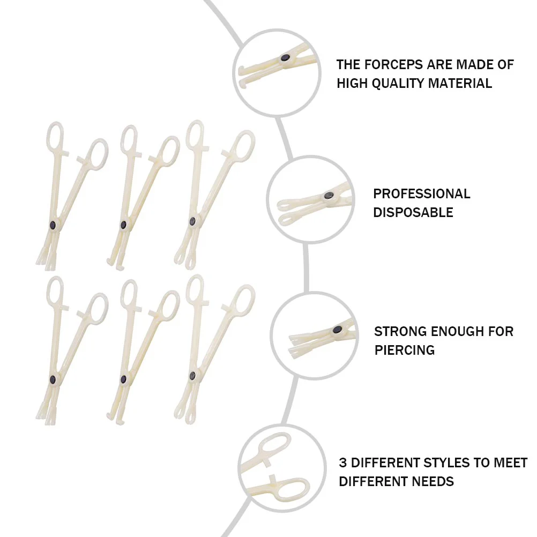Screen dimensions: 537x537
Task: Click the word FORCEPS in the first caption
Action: (394, 65)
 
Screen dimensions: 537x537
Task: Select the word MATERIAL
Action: (463, 84)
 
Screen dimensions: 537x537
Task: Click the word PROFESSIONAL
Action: (422, 193)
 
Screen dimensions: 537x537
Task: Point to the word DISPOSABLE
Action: (413, 212)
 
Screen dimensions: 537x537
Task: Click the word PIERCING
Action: (405, 350)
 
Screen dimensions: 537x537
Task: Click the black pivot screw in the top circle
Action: (285, 57)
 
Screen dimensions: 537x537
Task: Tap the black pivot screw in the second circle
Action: (329, 196)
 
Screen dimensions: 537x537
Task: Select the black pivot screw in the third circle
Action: (337, 330)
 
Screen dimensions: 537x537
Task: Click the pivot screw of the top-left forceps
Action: (53, 225)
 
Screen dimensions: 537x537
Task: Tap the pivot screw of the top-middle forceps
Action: (123, 225)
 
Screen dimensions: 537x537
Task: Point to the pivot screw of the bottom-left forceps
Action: (53, 379)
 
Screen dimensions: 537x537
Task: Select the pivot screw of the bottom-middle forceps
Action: (123, 379)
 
